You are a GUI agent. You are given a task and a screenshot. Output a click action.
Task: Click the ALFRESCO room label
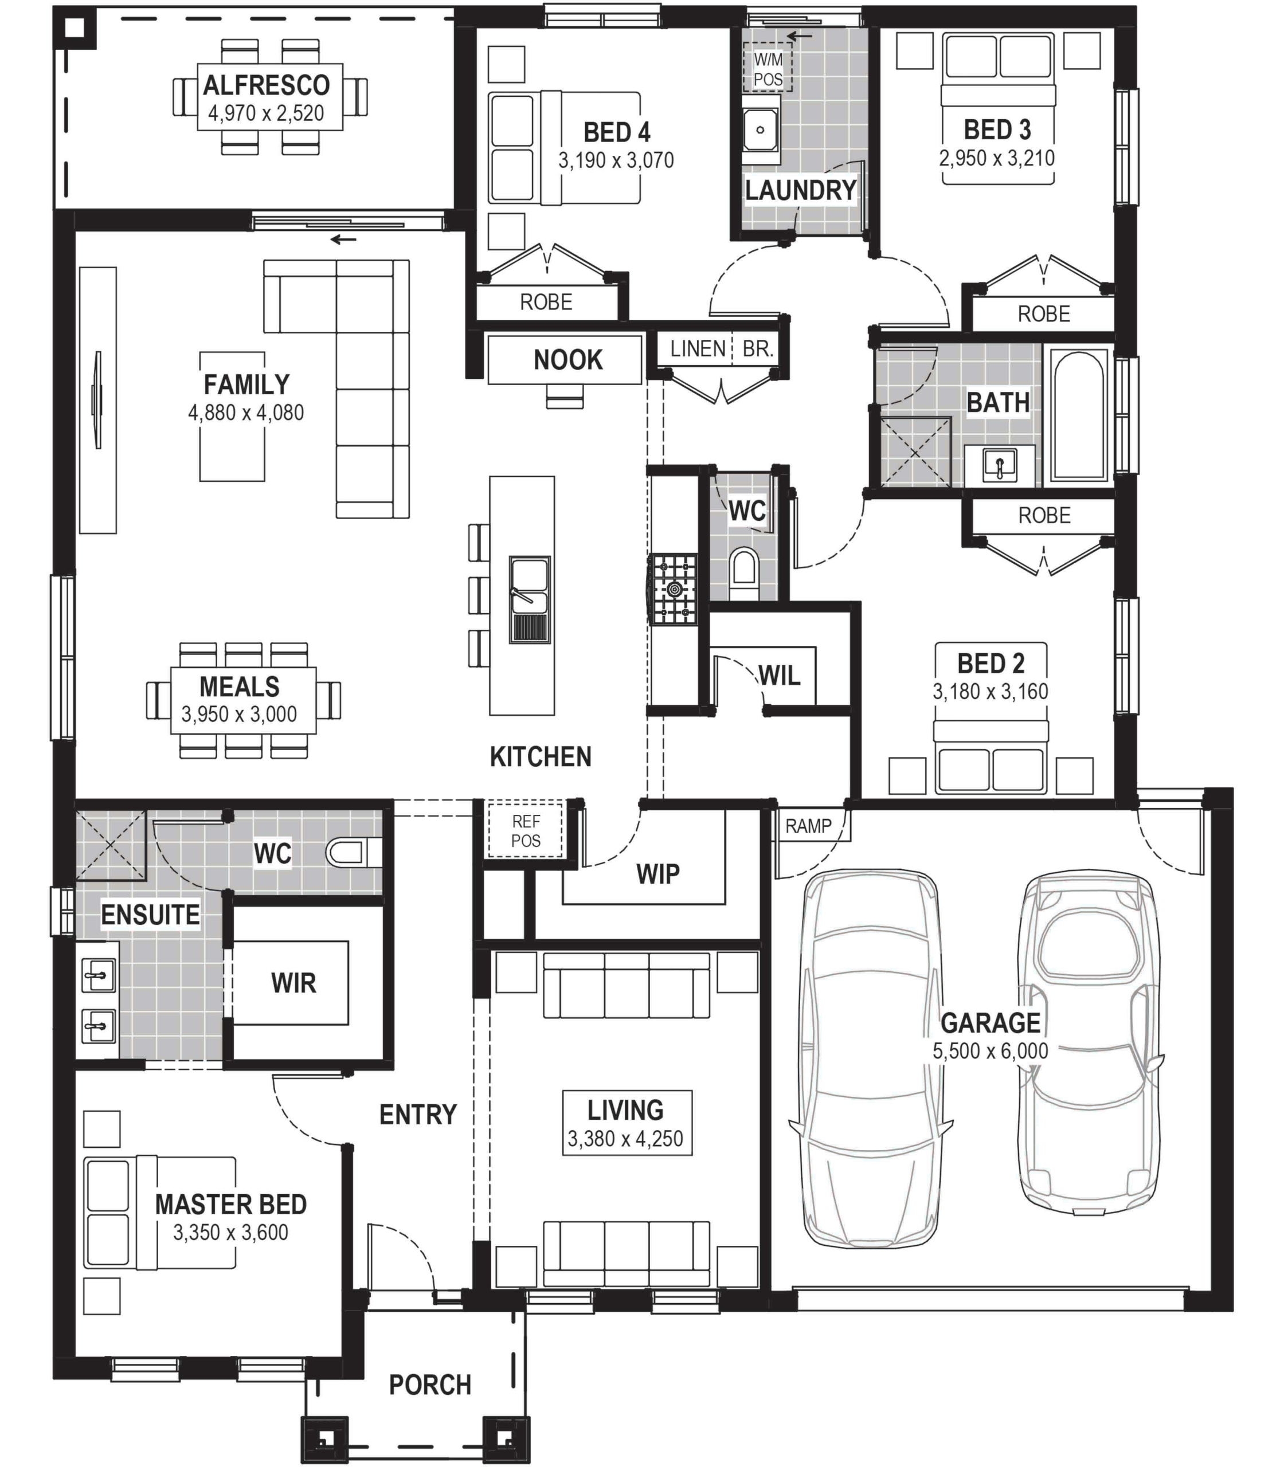coord(266,85)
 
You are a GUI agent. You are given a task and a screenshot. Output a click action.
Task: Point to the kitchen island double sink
coord(530,599)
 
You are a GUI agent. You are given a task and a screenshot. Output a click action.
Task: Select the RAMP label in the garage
coord(808,826)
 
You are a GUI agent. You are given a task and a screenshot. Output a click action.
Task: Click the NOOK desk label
coord(568,360)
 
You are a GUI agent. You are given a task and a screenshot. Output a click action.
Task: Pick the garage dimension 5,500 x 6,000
coord(991,1051)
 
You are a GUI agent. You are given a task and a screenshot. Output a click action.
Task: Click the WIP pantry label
coord(658,874)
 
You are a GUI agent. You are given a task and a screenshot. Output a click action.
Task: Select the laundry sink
coord(760,131)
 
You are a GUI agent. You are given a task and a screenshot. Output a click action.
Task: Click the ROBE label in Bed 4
coord(546,303)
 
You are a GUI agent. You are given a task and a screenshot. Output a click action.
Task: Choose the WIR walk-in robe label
coord(293,983)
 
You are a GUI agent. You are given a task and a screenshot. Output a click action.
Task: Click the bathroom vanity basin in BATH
coord(1000,465)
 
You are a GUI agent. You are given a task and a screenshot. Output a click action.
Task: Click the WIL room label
coord(780,676)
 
